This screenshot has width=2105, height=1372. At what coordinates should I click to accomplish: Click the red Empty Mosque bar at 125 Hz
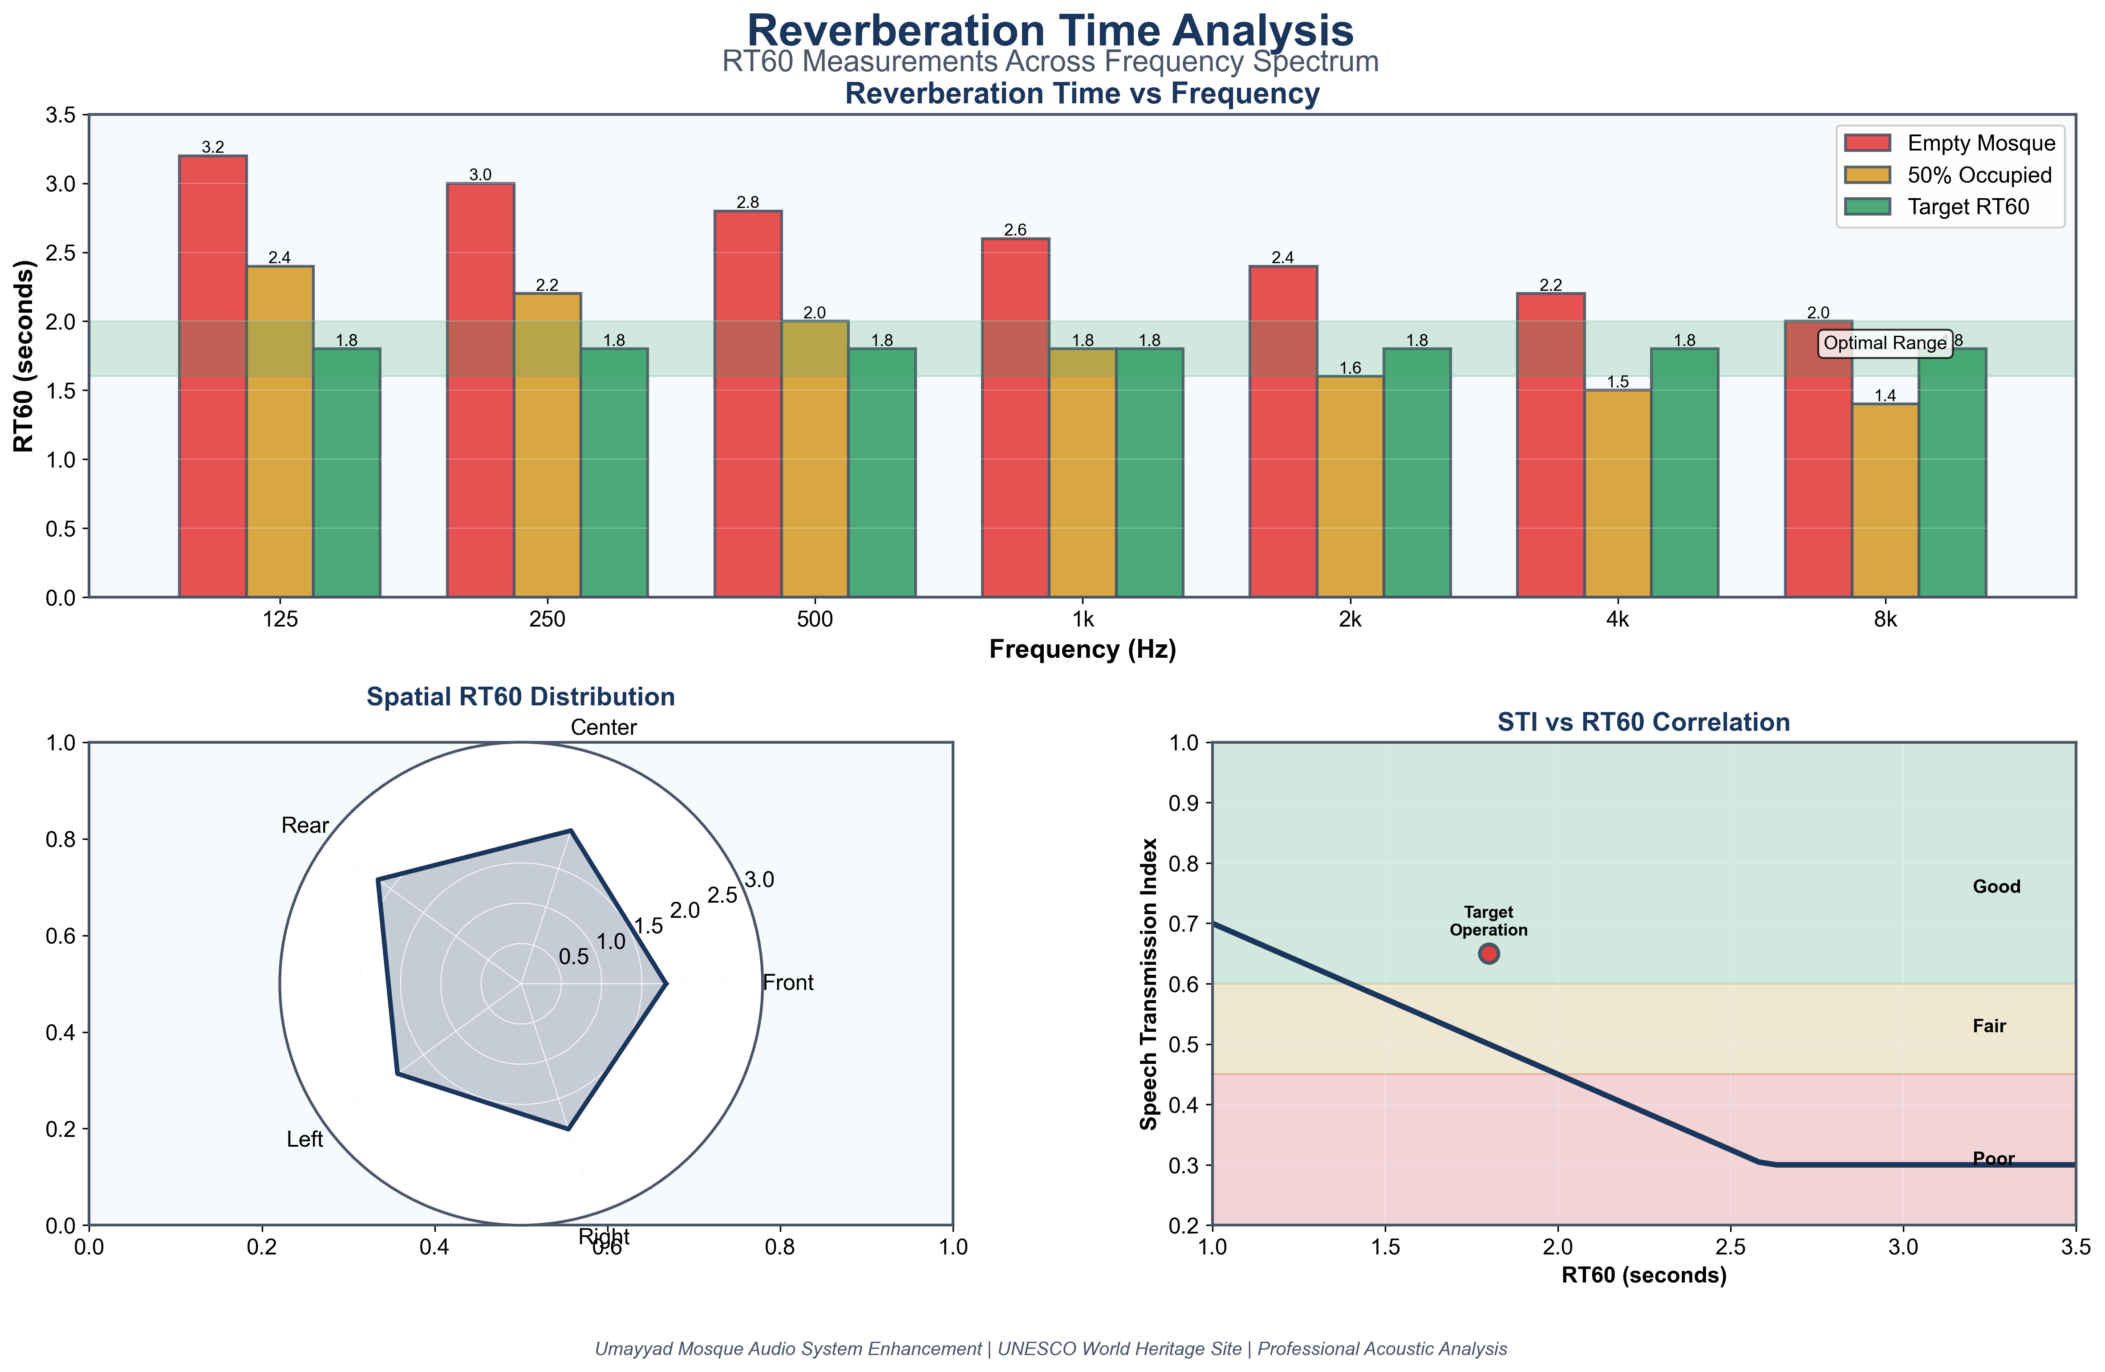point(212,376)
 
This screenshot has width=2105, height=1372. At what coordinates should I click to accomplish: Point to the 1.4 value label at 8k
point(1885,395)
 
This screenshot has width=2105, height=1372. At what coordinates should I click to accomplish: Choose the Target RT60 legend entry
point(1968,207)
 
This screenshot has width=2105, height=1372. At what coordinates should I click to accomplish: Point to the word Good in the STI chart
point(1996,886)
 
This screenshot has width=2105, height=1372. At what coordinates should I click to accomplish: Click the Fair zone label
point(1989,1026)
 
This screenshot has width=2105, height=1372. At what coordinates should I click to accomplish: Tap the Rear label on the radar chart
point(305,825)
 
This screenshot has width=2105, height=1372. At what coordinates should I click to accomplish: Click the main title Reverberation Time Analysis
point(1050,31)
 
